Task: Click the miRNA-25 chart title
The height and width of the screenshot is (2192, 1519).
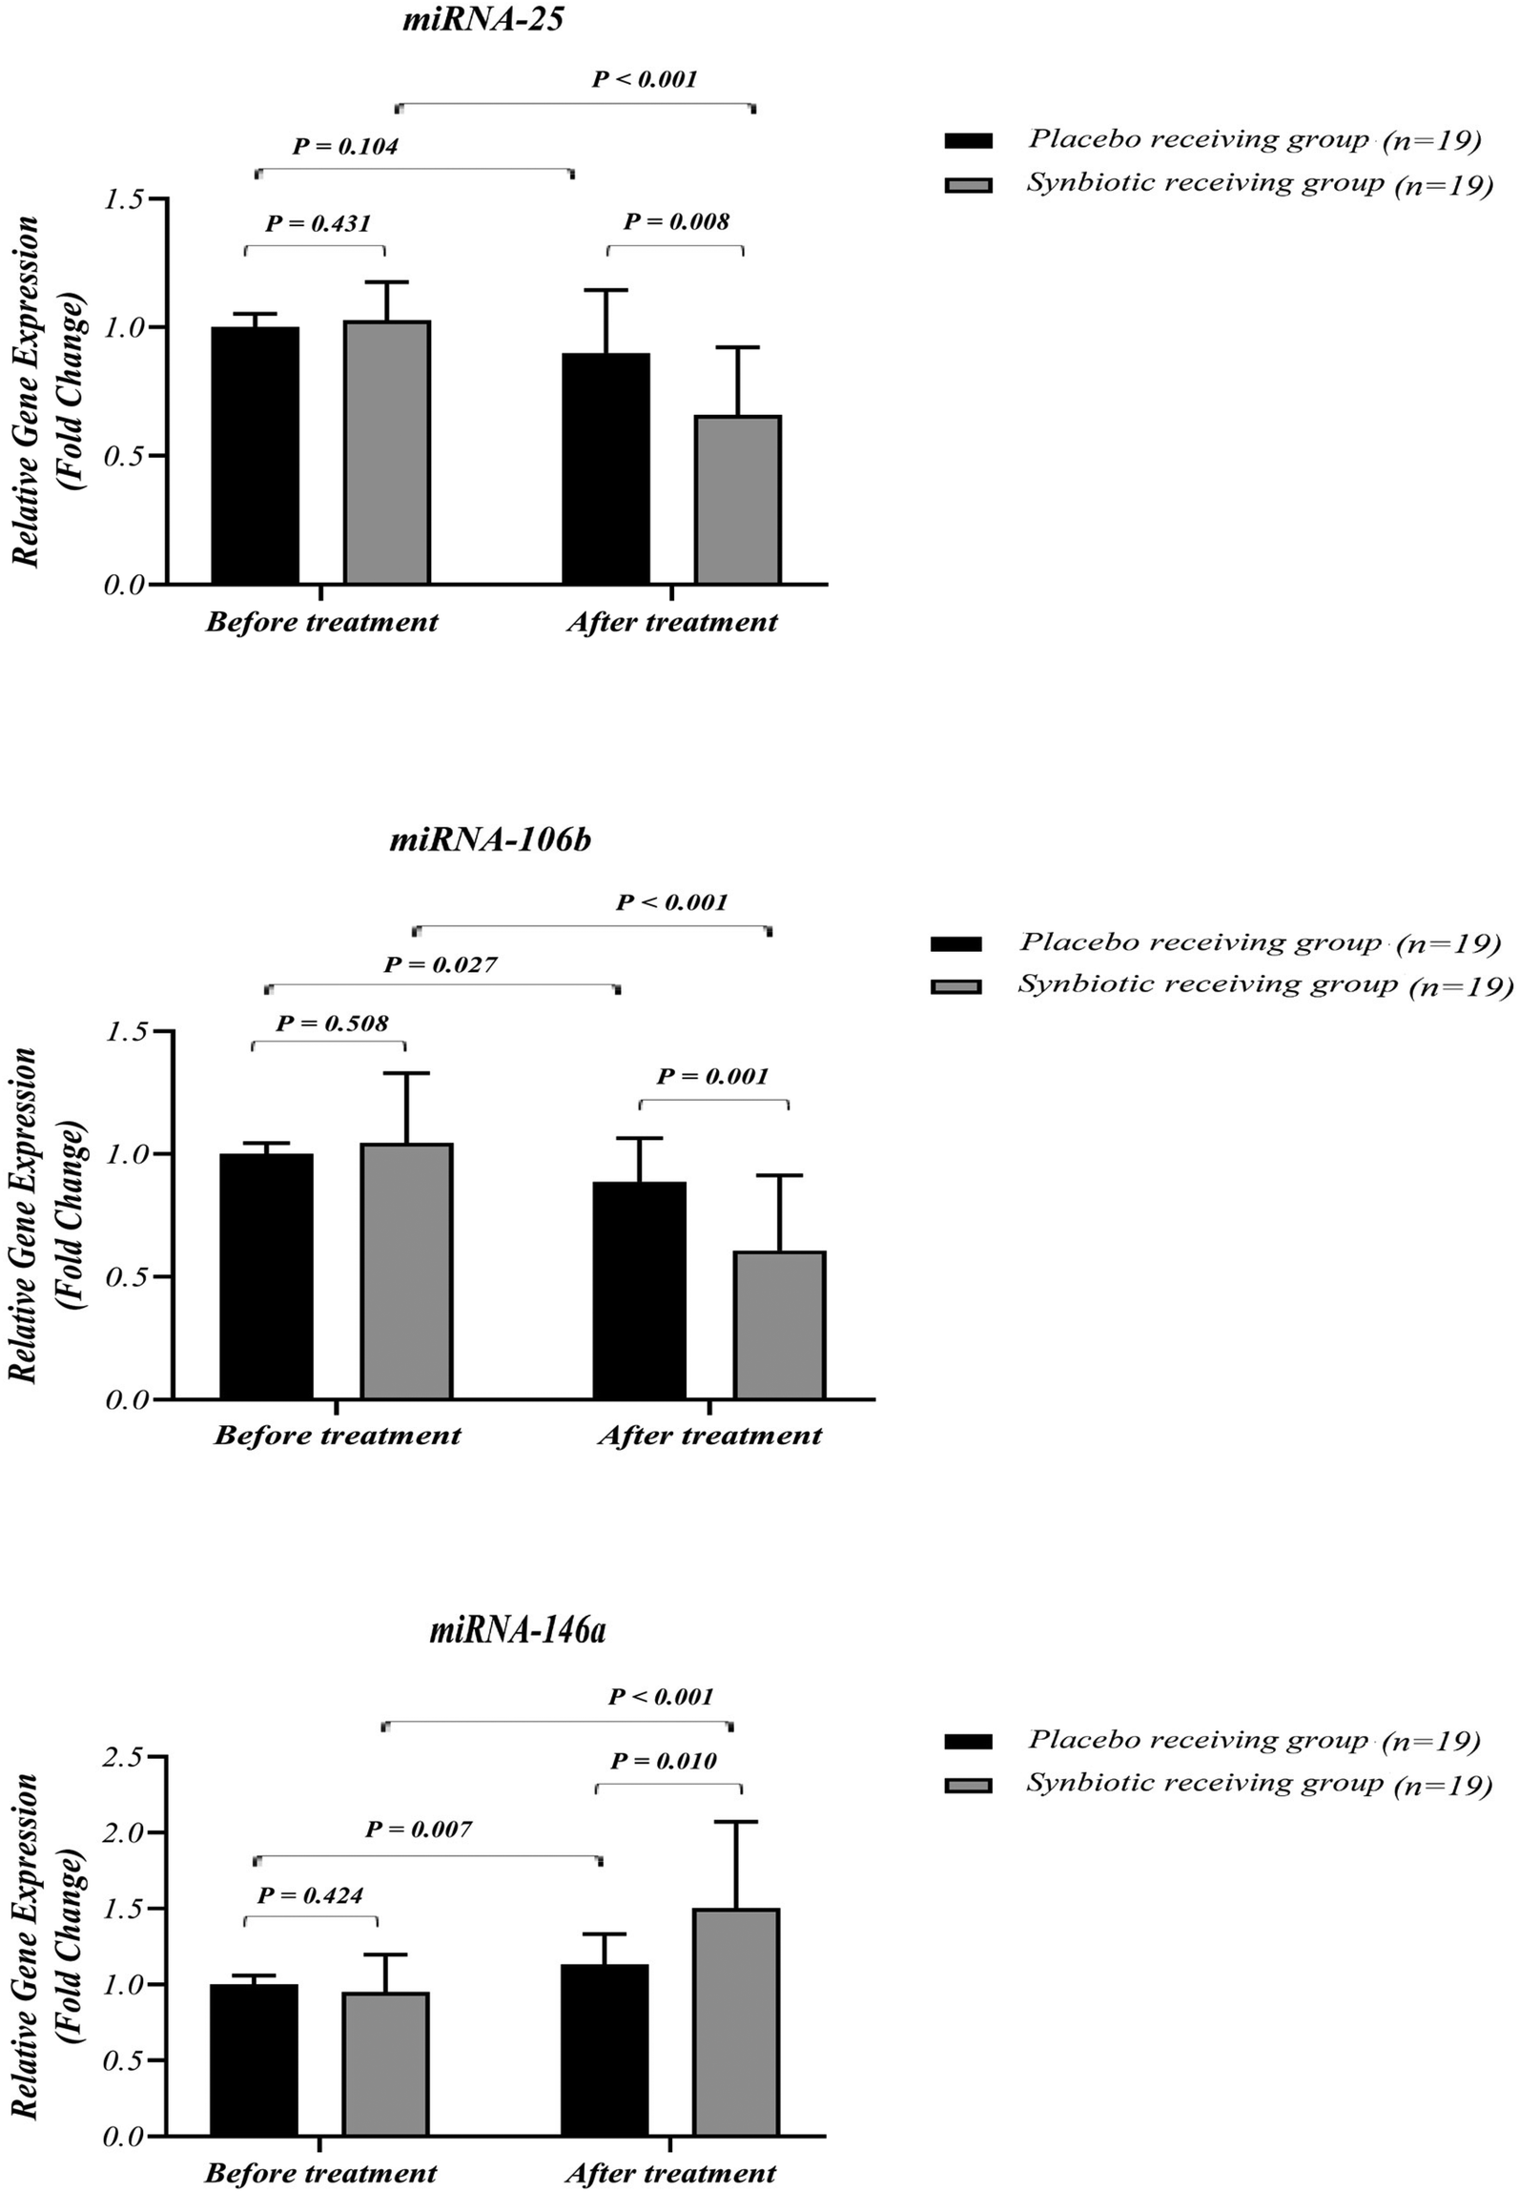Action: (x=482, y=19)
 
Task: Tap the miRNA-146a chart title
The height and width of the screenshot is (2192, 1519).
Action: (x=517, y=1630)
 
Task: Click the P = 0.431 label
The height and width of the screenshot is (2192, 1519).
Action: (x=318, y=223)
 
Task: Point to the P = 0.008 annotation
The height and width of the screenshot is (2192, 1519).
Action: (x=676, y=221)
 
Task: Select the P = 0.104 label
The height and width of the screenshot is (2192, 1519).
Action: (x=344, y=146)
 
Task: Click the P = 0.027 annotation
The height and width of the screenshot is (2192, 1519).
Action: (x=440, y=964)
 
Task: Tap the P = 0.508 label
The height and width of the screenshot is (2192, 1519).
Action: (x=332, y=1024)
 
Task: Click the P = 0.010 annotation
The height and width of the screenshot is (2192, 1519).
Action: (x=664, y=1760)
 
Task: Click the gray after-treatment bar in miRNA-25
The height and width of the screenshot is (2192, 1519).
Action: (x=737, y=499)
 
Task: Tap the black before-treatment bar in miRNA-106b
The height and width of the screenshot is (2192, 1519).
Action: (x=266, y=1275)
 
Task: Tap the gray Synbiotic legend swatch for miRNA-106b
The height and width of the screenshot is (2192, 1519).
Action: (x=955, y=986)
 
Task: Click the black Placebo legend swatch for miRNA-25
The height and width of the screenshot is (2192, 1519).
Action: (x=968, y=141)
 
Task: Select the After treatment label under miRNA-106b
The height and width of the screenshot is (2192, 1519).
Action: (x=709, y=1436)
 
